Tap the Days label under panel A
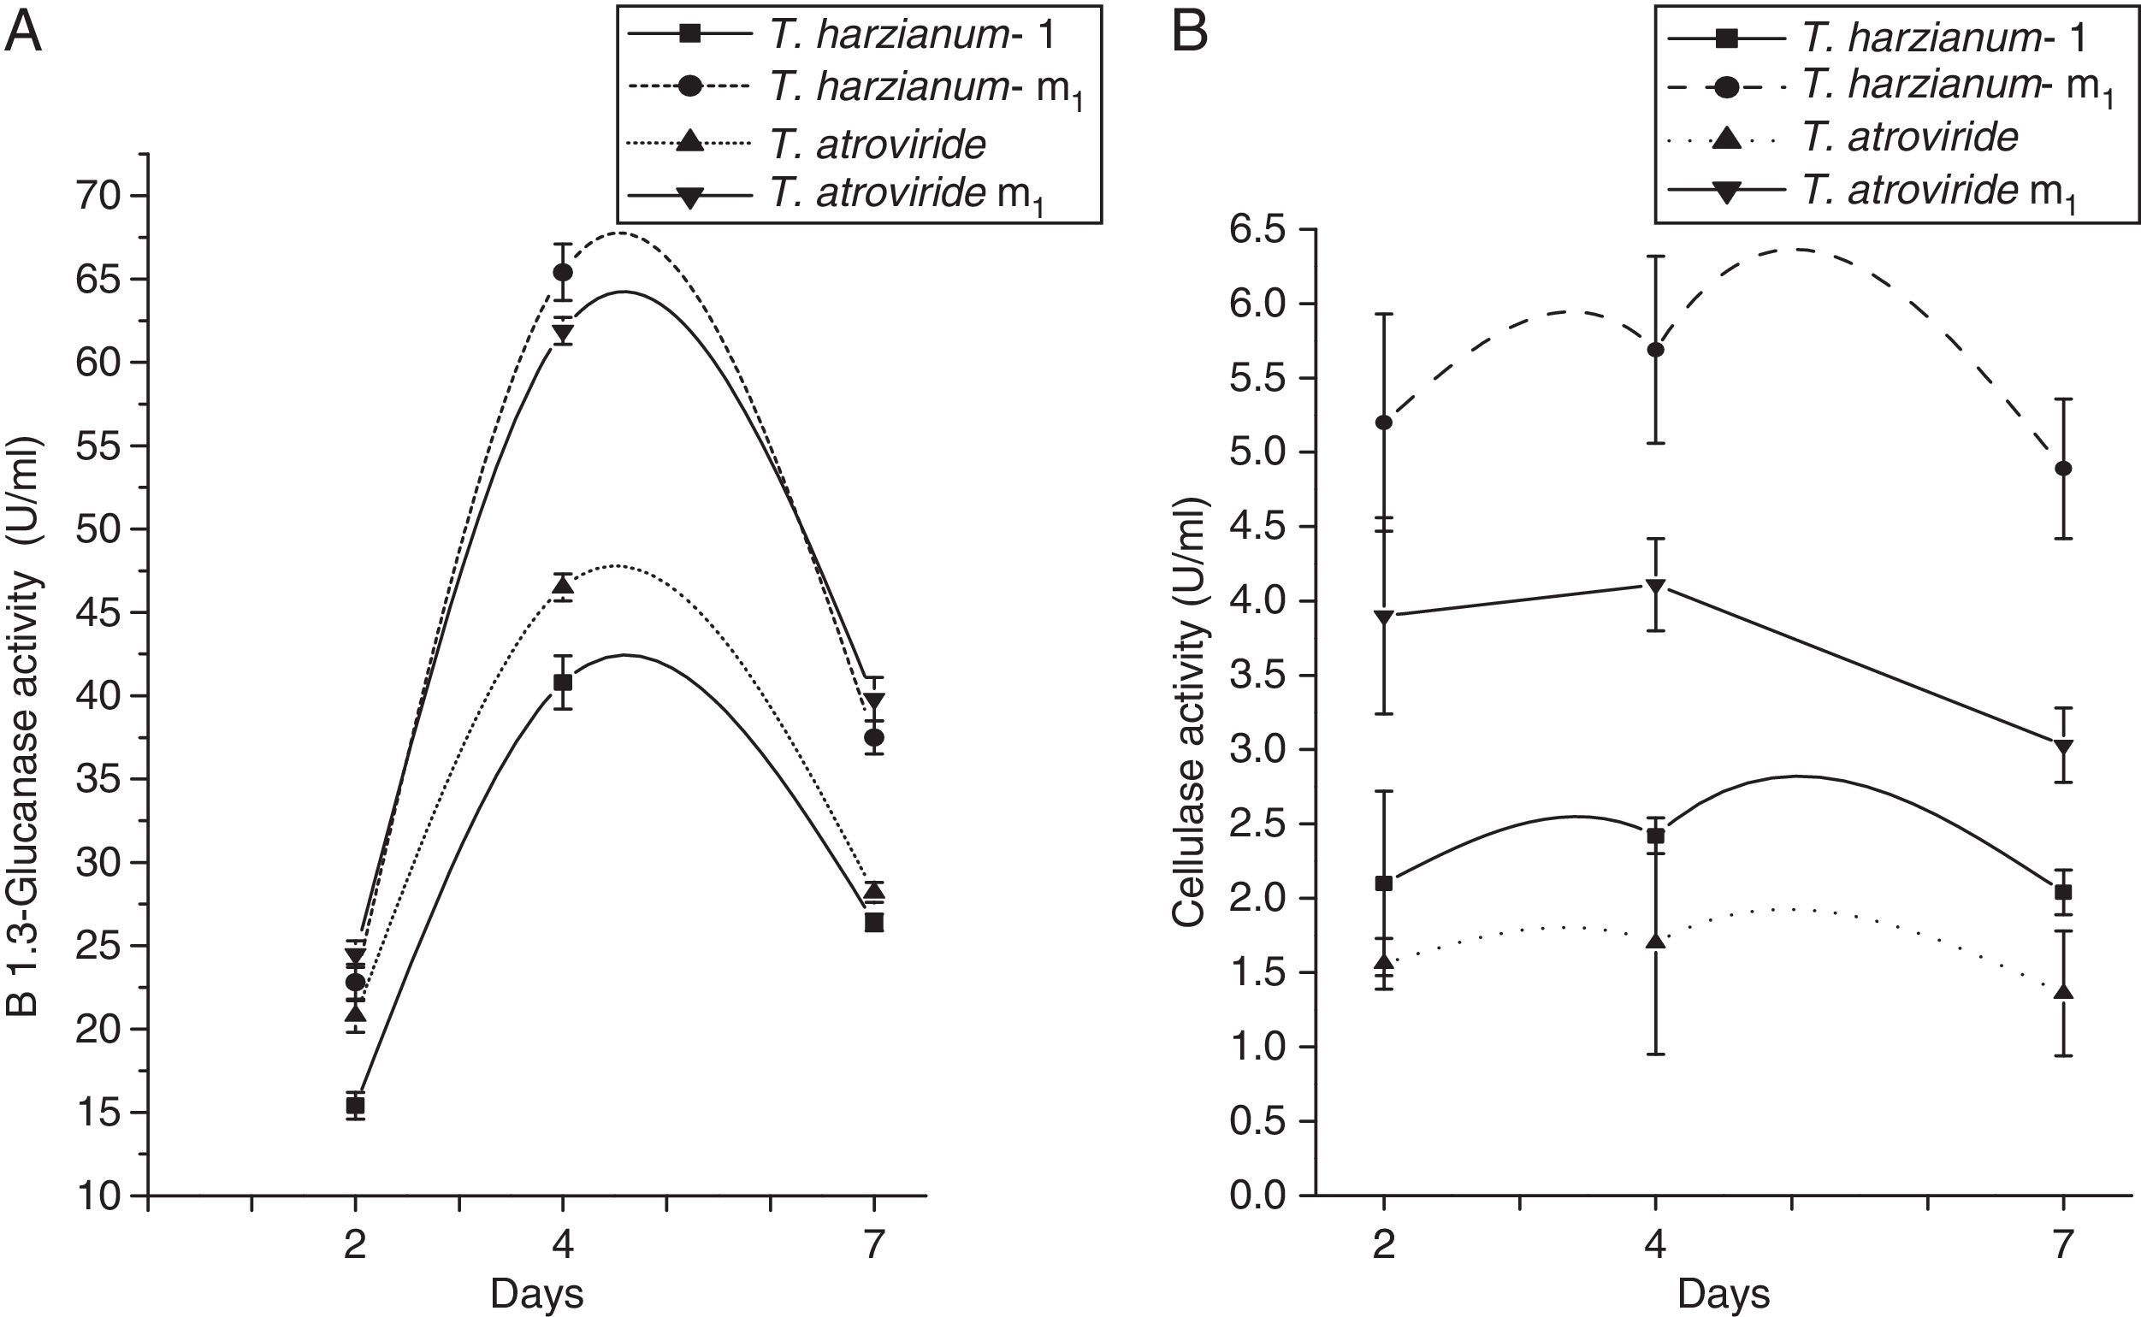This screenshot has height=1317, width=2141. [536, 1292]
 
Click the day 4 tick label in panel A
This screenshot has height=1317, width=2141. [563, 1243]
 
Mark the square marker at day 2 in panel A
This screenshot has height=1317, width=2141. [355, 1105]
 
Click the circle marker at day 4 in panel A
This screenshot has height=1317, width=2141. [563, 273]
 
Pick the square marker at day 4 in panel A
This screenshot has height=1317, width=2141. [563, 682]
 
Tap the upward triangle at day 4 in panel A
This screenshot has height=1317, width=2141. [563, 585]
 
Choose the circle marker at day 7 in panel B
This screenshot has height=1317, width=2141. [2063, 469]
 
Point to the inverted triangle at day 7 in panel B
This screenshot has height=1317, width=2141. [2063, 747]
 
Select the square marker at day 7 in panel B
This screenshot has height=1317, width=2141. [2063, 892]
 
